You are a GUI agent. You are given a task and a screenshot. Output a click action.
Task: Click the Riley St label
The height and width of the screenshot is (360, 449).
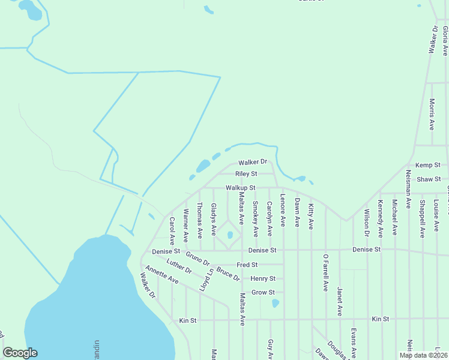(x=246, y=174)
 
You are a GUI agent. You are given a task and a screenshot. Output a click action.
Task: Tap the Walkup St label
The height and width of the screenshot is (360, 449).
(x=241, y=188)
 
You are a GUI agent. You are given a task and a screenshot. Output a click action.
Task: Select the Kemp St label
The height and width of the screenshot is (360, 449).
(x=428, y=164)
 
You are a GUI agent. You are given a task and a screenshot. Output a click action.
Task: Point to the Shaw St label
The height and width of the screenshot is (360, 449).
(x=429, y=179)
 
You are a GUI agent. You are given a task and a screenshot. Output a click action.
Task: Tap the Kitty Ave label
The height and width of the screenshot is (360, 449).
(x=311, y=217)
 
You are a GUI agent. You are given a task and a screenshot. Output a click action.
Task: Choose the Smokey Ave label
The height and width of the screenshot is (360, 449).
(x=255, y=218)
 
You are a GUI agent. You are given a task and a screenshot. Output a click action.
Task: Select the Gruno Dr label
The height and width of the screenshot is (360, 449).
(x=197, y=259)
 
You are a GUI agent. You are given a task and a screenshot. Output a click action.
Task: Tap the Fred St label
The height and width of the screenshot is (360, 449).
(x=247, y=265)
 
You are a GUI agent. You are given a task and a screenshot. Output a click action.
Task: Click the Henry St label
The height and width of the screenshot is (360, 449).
(x=263, y=278)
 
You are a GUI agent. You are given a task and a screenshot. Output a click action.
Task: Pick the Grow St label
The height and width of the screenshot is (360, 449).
(x=263, y=292)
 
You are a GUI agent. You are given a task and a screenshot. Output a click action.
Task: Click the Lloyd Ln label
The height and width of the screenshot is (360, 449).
(x=206, y=280)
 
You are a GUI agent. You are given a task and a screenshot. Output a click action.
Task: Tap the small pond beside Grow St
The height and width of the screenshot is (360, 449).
(x=276, y=303)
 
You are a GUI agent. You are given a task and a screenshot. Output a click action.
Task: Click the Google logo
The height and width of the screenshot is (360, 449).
(x=20, y=353)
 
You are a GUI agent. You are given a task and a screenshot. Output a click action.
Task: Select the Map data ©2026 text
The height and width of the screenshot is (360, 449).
(x=423, y=355)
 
